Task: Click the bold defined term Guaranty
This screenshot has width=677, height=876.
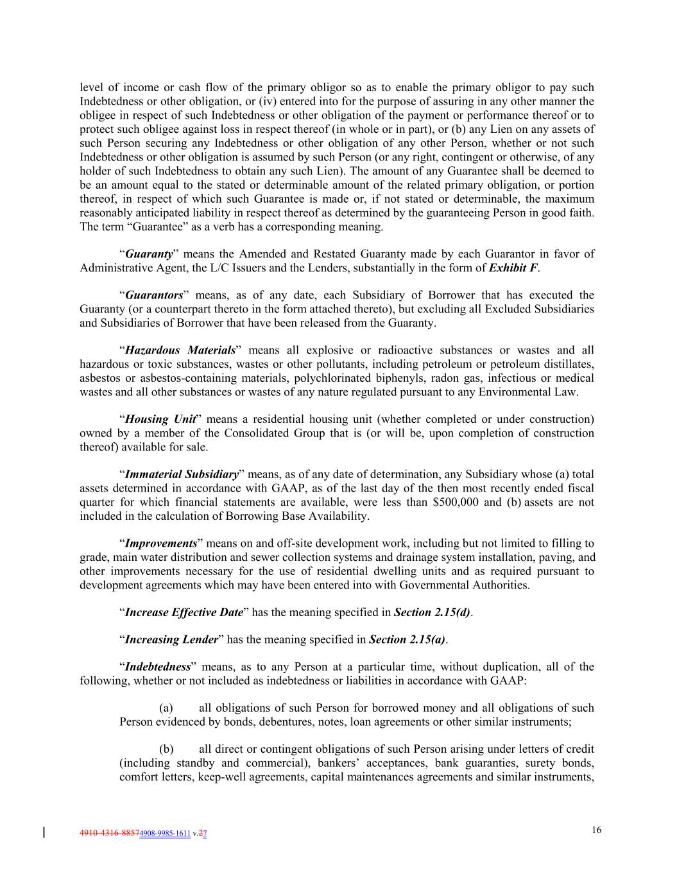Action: pos(149,254)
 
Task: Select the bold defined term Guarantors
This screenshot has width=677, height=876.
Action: pos(154,295)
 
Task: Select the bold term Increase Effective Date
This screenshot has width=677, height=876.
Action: pos(184,612)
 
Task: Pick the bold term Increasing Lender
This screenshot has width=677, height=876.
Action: pos(171,640)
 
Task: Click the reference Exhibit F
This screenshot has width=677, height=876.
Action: pos(513,268)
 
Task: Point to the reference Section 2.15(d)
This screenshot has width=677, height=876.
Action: pos(432,612)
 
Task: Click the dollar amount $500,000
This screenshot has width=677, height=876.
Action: pos(456,502)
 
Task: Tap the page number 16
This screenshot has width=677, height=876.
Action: pos(597,830)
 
